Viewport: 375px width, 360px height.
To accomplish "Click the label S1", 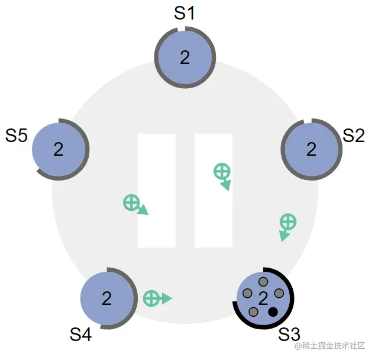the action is coord(184,13).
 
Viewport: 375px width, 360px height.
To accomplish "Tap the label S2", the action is coord(354,136).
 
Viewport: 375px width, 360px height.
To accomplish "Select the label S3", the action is coord(289,334).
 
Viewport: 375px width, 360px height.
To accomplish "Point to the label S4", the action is coord(80,335).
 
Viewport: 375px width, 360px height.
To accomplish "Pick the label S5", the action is coord(16,136).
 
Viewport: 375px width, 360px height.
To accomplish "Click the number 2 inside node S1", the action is coord(185,57).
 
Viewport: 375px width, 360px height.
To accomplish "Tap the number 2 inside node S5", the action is coord(59,149).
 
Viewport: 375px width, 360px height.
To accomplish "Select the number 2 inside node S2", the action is coord(311,149).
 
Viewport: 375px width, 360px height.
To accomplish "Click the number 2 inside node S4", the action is coord(106,298).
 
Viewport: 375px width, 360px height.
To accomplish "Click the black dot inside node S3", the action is coord(273,312).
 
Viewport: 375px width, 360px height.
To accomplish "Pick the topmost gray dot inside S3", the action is coord(263,282).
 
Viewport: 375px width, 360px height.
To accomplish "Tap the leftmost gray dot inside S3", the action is coord(247,293).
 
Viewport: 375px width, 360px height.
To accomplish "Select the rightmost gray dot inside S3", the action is coord(279,293).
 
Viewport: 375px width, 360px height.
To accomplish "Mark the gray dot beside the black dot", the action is coord(253,312).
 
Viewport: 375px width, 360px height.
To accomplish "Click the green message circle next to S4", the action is coord(151,298).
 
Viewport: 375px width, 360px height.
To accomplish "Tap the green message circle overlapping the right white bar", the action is coord(222,171).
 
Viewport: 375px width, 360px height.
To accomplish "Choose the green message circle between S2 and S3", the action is coord(288,221).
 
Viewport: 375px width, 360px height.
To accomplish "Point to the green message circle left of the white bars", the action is coord(131,202).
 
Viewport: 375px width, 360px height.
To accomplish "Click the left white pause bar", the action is coord(157,191).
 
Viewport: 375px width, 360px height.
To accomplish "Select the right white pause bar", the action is coord(214,191).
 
